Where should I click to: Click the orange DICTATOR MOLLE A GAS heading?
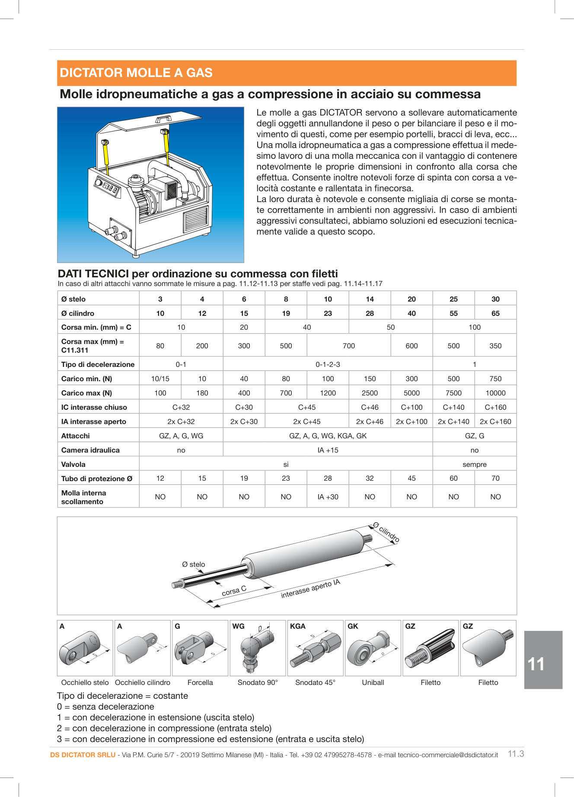pyautogui.click(x=136, y=73)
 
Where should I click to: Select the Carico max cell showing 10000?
pyautogui.click(x=495, y=393)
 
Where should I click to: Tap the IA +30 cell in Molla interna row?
pyautogui.click(x=328, y=497)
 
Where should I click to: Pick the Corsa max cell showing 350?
pyautogui.click(x=495, y=346)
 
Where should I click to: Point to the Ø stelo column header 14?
pyautogui.click(x=370, y=299)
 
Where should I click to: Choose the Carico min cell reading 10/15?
pyautogui.click(x=160, y=379)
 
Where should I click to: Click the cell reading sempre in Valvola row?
pyautogui.click(x=474, y=464)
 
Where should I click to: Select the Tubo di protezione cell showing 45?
pyautogui.click(x=411, y=478)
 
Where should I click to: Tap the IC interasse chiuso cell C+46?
pyautogui.click(x=370, y=407)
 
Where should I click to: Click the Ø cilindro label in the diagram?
pyautogui.click(x=386, y=532)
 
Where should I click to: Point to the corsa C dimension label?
pyautogui.click(x=234, y=591)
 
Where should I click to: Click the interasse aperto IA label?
pyautogui.click(x=310, y=589)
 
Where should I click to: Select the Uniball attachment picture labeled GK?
pyautogui.click(x=373, y=648)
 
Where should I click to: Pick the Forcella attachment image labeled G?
pyautogui.click(x=200, y=648)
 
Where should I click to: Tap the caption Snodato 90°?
pyautogui.click(x=258, y=682)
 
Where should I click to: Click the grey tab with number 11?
pyautogui.click(x=543, y=660)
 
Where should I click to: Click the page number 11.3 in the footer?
pyautogui.click(x=516, y=754)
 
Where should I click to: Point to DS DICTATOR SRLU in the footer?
pyautogui.click(x=83, y=755)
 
